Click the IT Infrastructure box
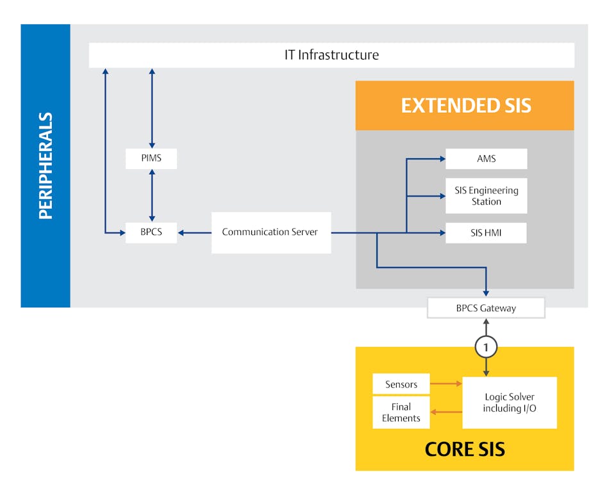[x=331, y=55]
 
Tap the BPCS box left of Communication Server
[x=151, y=232]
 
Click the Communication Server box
[x=271, y=232]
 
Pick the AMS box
[x=486, y=159]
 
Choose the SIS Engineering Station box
[x=486, y=196]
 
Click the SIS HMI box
[x=486, y=232]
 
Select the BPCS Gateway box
[x=486, y=308]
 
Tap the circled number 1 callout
[x=486, y=347]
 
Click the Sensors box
[x=401, y=384]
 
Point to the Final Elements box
[x=401, y=412]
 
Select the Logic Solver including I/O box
[x=509, y=402]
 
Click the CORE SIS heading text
[x=464, y=450]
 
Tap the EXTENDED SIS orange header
[x=465, y=105]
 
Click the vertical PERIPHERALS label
[x=46, y=166]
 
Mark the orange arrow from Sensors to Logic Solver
[x=446, y=384]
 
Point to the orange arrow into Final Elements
[x=446, y=412]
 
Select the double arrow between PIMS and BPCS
[x=152, y=195]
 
